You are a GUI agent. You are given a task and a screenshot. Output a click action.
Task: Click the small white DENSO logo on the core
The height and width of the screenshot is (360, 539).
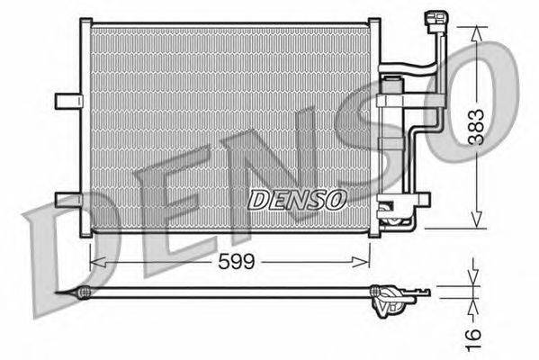pyautogui.click(x=296, y=198)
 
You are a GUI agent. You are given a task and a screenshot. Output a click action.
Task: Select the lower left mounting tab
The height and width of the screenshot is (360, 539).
pyautogui.click(x=67, y=199)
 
